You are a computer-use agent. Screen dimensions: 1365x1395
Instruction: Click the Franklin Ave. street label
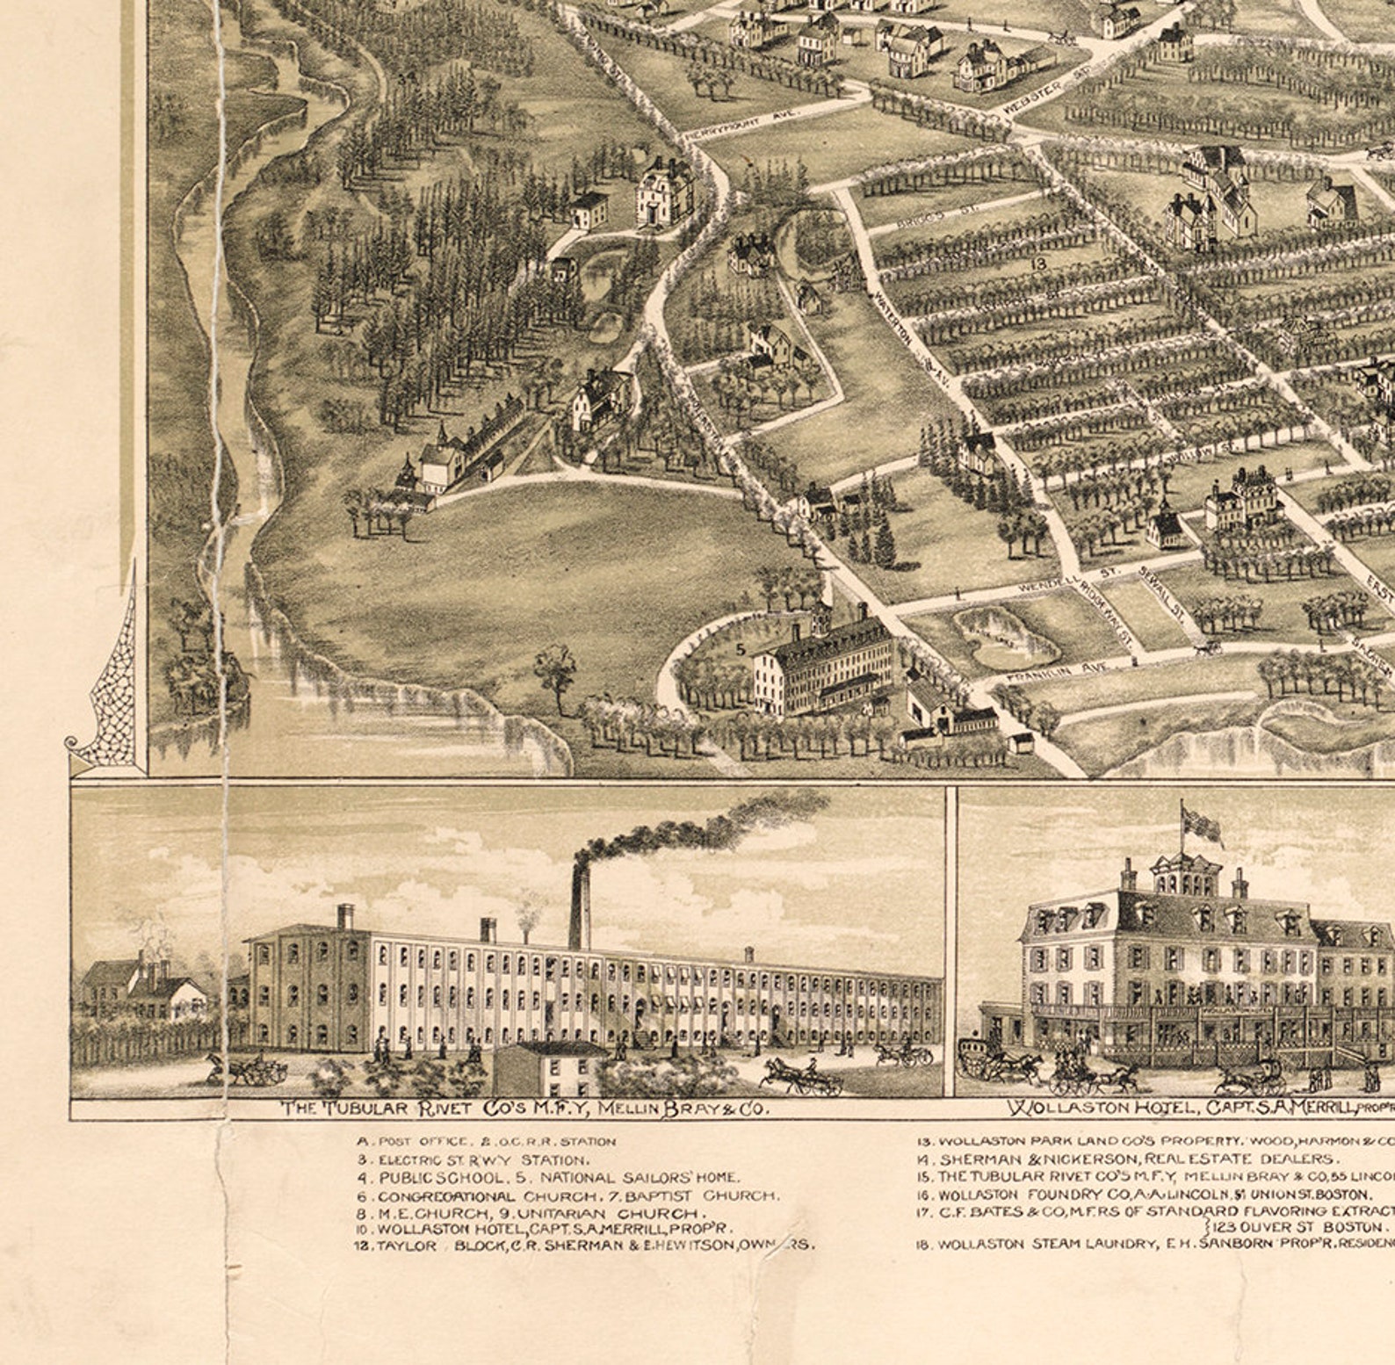[x=1059, y=673]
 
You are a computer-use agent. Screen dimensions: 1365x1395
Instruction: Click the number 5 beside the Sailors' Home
[x=740, y=650]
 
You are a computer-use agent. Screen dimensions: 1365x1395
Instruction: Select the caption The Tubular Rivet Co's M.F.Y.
[x=524, y=1109]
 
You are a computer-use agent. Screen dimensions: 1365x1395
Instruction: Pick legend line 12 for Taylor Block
[x=584, y=1245]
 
